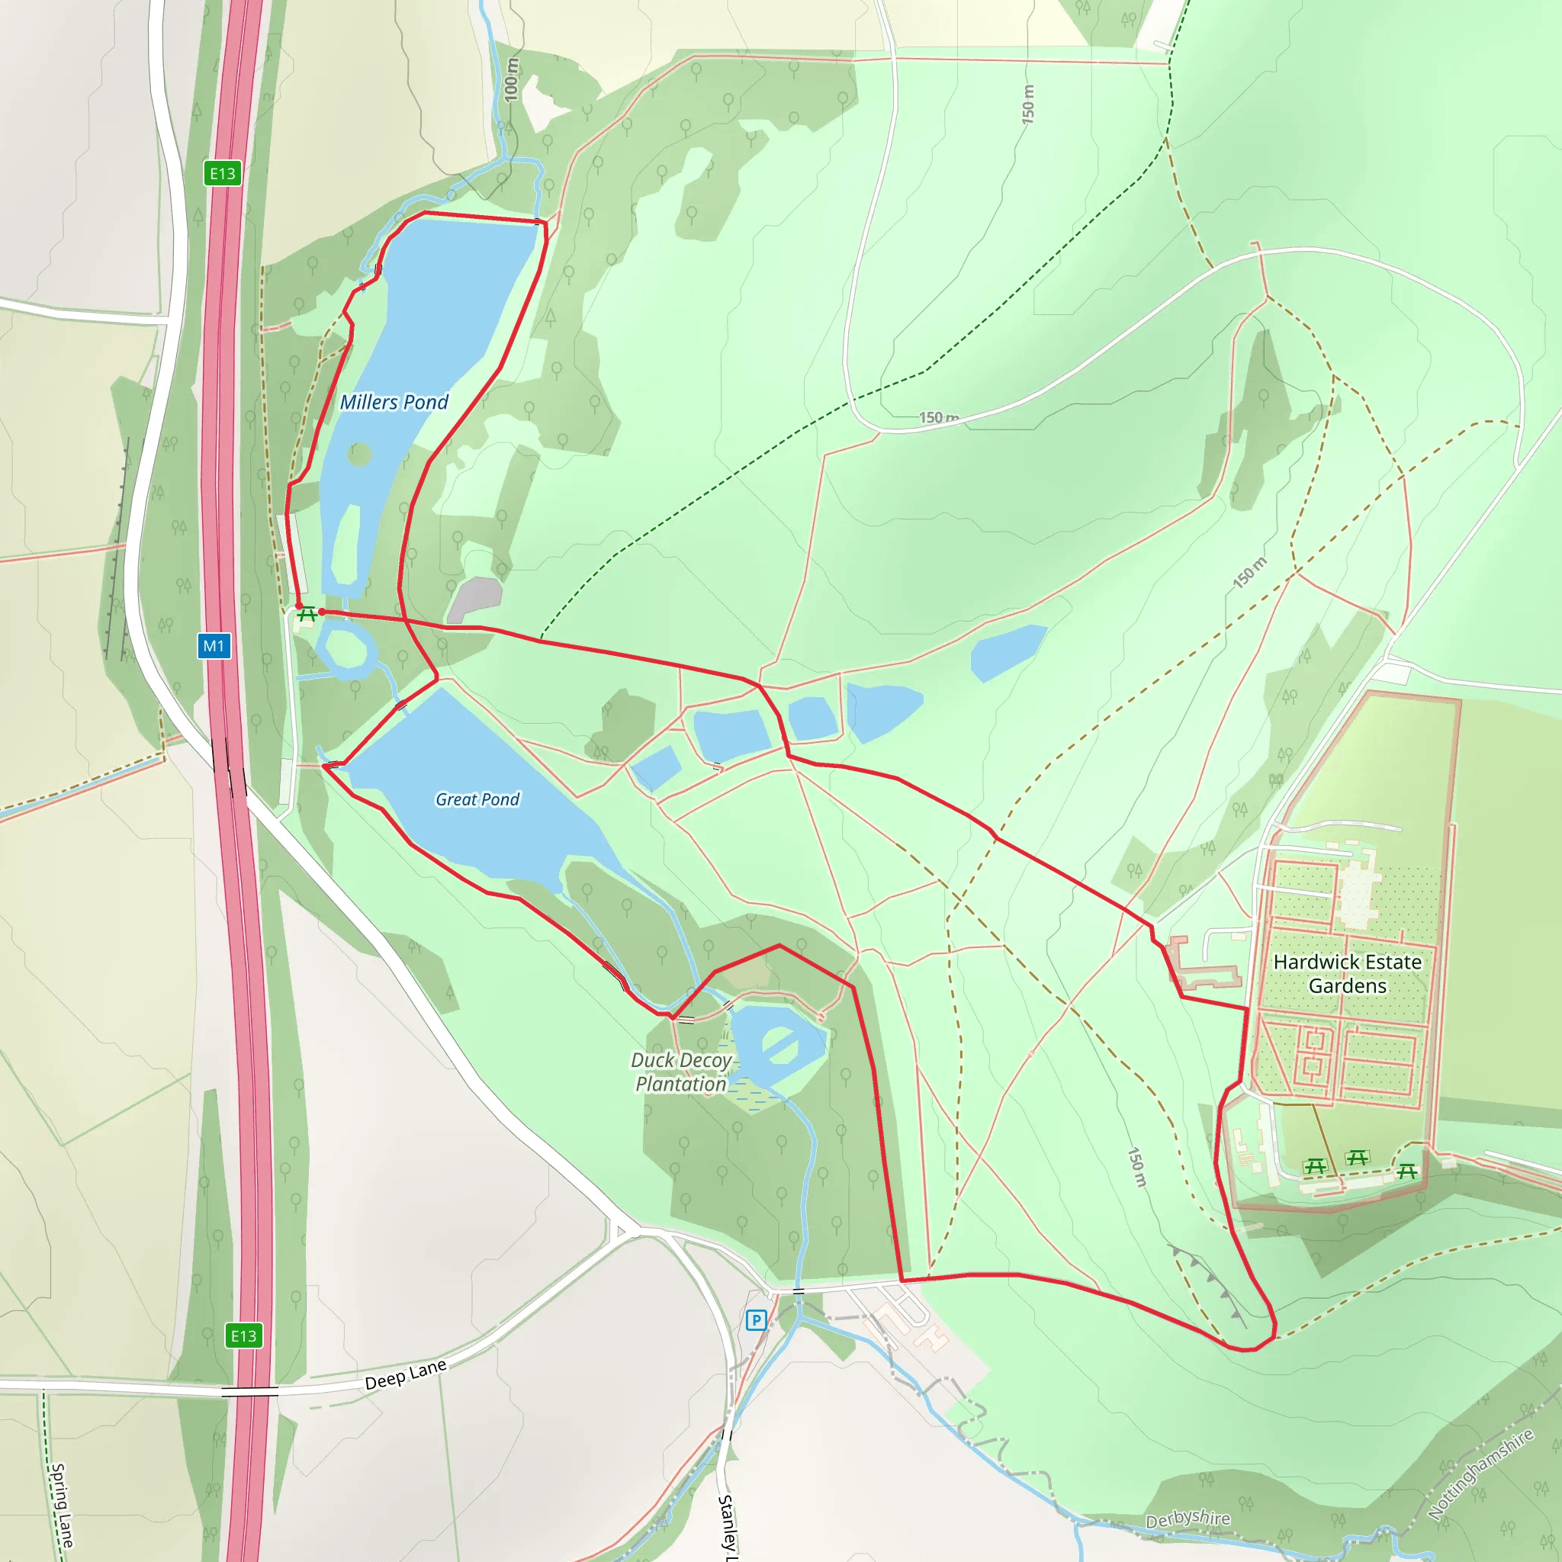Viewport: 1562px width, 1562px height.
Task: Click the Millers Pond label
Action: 394,402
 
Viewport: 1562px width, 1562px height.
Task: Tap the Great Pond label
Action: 477,799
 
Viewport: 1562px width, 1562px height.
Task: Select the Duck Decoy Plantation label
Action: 681,1072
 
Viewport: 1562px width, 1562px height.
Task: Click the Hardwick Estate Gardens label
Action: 1347,973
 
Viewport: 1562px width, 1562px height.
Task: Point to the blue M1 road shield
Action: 214,646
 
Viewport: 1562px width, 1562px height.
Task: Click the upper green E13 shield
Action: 223,173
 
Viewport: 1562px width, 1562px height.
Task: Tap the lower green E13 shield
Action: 243,1335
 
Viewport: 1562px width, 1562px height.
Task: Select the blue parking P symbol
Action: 756,1320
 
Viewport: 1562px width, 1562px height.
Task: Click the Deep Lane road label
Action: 405,1374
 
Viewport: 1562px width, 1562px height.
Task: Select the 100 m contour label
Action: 511,79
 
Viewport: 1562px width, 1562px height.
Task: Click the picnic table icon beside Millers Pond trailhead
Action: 307,615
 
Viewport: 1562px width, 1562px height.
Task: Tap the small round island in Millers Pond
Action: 359,455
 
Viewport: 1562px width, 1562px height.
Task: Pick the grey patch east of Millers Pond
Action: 475,599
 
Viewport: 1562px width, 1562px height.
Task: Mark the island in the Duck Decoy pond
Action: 779,1045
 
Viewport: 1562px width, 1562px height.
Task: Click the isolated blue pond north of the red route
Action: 1007,651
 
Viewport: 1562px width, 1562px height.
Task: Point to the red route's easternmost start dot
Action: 322,612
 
